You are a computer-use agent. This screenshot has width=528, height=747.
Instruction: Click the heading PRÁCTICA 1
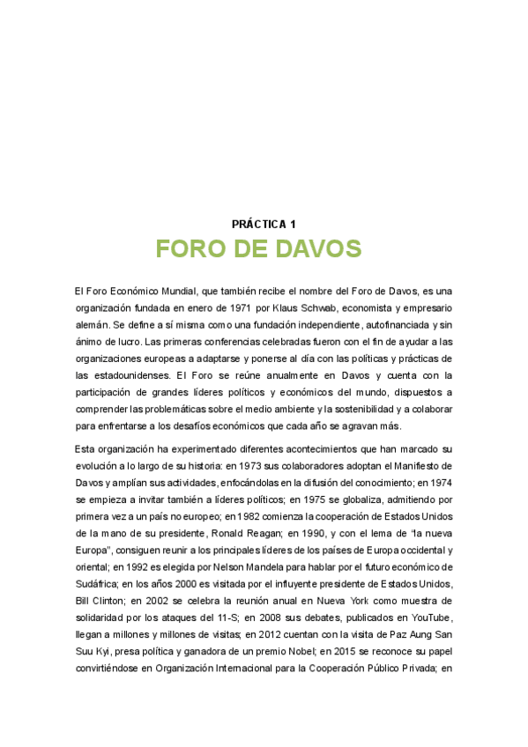[264, 225]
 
